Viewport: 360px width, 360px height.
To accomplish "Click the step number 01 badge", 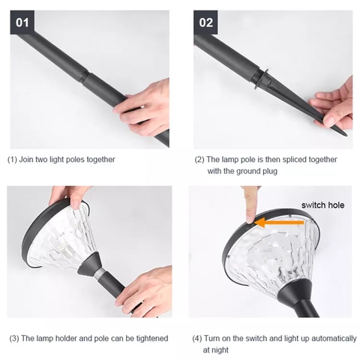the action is point(22,22).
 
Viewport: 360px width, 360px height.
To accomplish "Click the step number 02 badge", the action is point(205,22).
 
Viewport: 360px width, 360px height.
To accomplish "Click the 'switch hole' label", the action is point(322,205).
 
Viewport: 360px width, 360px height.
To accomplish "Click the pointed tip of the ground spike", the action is point(346,135).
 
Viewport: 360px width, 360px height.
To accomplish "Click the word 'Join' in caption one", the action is point(26,159).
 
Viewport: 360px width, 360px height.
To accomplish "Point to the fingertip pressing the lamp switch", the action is point(250,219).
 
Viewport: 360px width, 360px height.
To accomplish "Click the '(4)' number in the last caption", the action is point(196,339).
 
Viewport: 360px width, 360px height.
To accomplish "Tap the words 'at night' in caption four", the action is point(215,350).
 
